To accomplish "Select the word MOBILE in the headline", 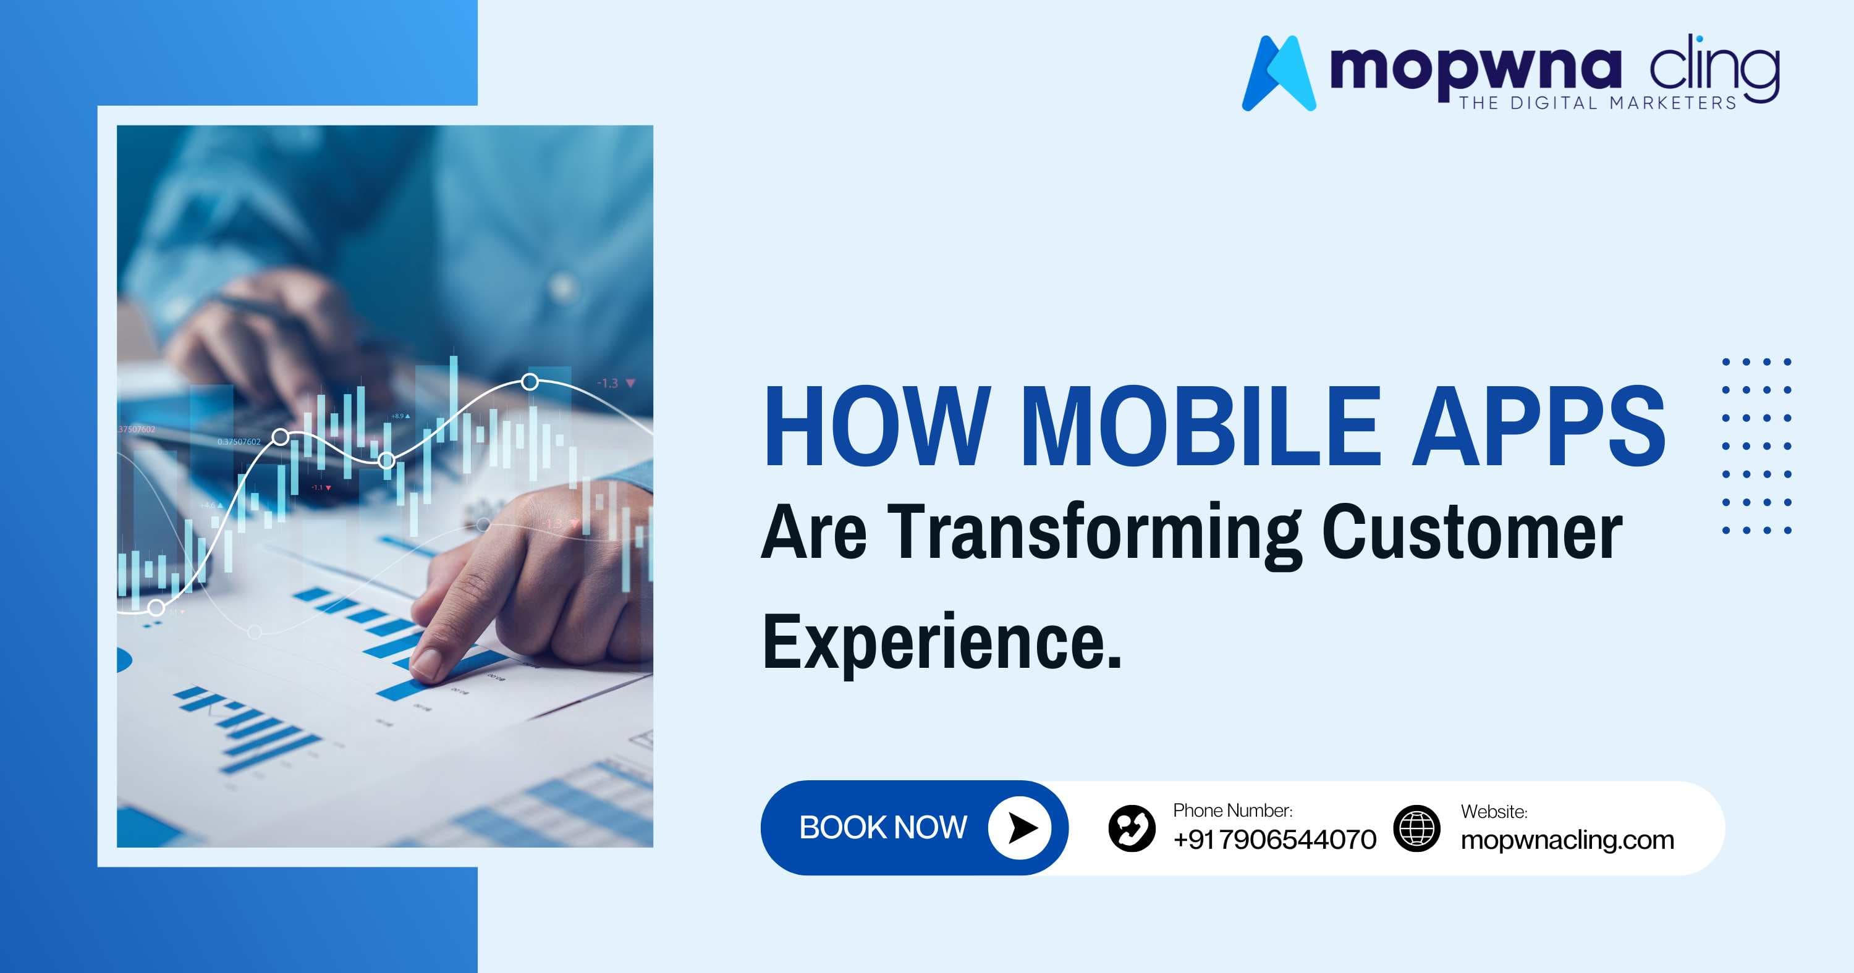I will coord(1201,426).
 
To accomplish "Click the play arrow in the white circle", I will coord(1020,828).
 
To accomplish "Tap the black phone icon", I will coord(1132,828).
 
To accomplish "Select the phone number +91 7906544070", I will coord(1274,840).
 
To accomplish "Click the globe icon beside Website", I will coord(1416,828).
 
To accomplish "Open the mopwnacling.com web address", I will coord(1567,840).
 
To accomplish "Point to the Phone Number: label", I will coord(1232,811).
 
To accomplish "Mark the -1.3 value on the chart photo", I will coord(608,384).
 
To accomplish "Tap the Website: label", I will coord(1494,812).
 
